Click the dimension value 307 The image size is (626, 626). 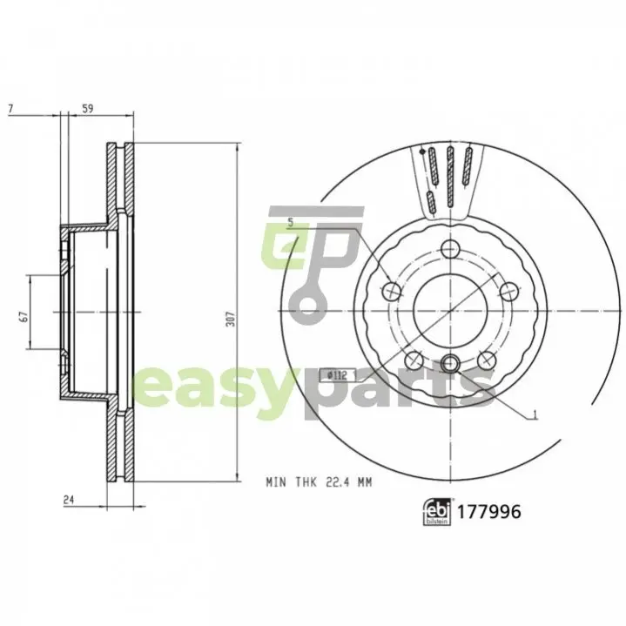[x=231, y=319]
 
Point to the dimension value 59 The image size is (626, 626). [x=87, y=109]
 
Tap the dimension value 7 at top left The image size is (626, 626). [x=10, y=109]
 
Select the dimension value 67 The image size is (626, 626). [x=24, y=317]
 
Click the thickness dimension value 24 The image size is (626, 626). [x=69, y=500]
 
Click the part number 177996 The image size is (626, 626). [x=488, y=512]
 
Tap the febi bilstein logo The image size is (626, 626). [x=437, y=511]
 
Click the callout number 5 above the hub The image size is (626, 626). [x=291, y=223]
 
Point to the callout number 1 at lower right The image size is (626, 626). [x=535, y=415]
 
